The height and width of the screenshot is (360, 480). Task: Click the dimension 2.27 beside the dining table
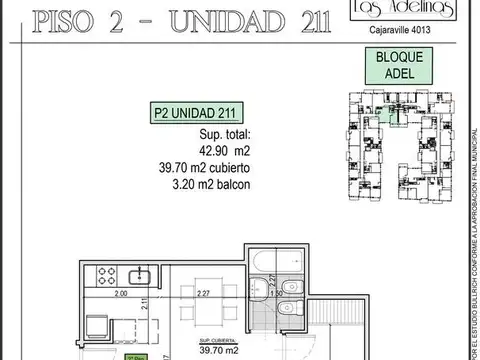(x=205, y=294)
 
